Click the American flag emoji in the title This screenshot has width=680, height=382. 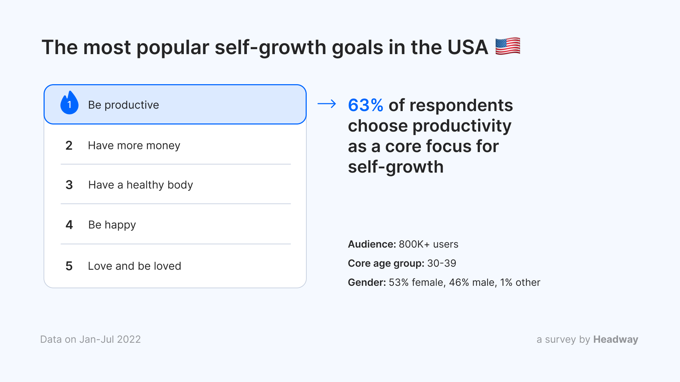pos(508,46)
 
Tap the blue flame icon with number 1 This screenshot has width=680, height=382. pos(69,103)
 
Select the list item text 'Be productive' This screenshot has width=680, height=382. pos(124,105)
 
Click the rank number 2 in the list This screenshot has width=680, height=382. pos(69,145)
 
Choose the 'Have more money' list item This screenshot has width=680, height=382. pos(134,146)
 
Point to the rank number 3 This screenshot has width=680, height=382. pos(69,185)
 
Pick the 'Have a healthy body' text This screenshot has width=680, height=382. pos(141,185)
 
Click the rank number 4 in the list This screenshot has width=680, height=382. pos(69,225)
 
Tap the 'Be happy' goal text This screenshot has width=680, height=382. pos(112,225)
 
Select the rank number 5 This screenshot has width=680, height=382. pos(69,266)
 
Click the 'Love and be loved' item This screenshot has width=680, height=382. pos(135,266)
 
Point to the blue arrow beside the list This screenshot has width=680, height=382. pos(327,104)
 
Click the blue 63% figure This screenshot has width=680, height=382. pos(365,105)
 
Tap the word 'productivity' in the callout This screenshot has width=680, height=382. pos(462,126)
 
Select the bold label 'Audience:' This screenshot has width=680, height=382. pos(372,244)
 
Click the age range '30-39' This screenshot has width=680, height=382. pos(442,263)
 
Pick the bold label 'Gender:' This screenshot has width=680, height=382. pos(367,282)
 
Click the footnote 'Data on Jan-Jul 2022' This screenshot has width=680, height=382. pos(91,339)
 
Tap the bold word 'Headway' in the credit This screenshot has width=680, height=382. pos(616,340)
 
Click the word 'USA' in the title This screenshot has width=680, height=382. pos(468,47)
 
